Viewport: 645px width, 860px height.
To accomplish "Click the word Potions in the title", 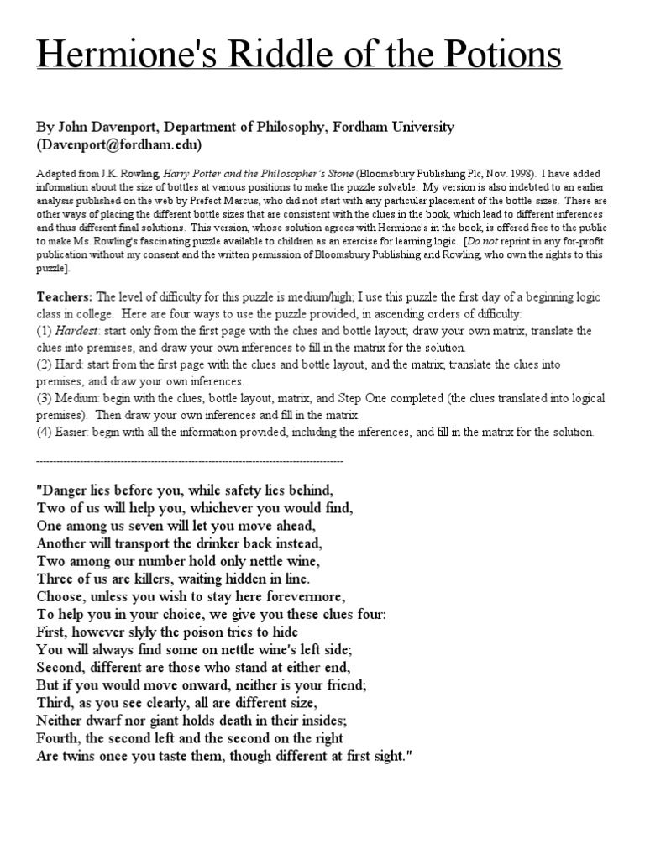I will tap(497, 57).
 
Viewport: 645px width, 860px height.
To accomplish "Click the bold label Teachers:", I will tap(66, 297).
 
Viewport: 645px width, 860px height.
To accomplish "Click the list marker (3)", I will tap(45, 399).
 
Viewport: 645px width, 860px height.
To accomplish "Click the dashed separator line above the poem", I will tap(190, 461).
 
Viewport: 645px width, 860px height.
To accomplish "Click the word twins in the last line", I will tap(80, 755).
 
